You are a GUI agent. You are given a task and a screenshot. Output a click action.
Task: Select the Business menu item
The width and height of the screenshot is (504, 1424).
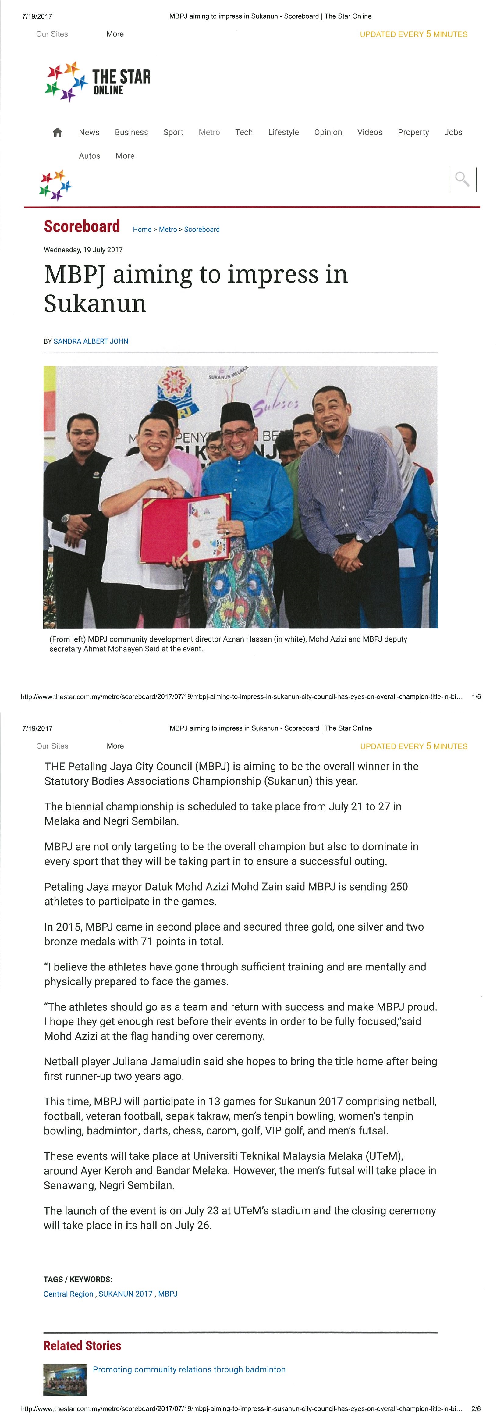[x=131, y=132]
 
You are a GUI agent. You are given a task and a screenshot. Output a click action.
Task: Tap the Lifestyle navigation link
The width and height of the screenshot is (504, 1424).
[x=283, y=132]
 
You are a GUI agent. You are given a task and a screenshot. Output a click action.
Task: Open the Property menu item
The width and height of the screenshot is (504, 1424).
[x=413, y=132]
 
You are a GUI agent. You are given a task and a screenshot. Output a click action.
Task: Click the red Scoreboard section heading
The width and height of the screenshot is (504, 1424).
[x=82, y=227]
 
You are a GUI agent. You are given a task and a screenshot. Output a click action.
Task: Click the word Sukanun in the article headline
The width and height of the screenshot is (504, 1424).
[x=95, y=304]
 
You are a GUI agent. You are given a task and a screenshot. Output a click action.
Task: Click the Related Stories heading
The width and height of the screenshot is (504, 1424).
[x=82, y=1345]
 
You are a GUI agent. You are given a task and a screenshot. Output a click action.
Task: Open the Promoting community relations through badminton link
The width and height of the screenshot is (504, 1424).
[x=189, y=1369]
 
